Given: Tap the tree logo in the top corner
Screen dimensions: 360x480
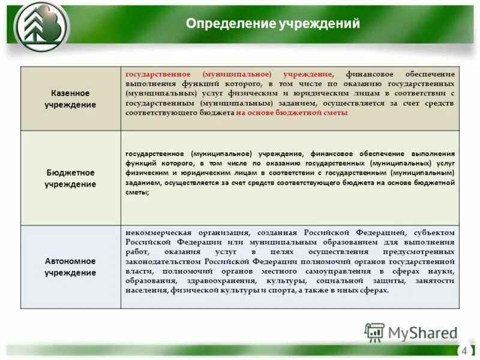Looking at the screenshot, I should [42, 27].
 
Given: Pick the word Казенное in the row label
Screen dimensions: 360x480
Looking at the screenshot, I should [70, 94].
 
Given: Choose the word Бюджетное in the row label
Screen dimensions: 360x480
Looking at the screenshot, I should [70, 173].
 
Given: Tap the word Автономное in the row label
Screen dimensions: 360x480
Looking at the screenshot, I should [70, 262].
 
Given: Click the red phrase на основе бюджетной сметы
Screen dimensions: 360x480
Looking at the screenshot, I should [292, 112].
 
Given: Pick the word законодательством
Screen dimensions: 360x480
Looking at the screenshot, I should [163, 262].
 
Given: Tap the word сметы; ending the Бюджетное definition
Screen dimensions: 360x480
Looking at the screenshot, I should [137, 193].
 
